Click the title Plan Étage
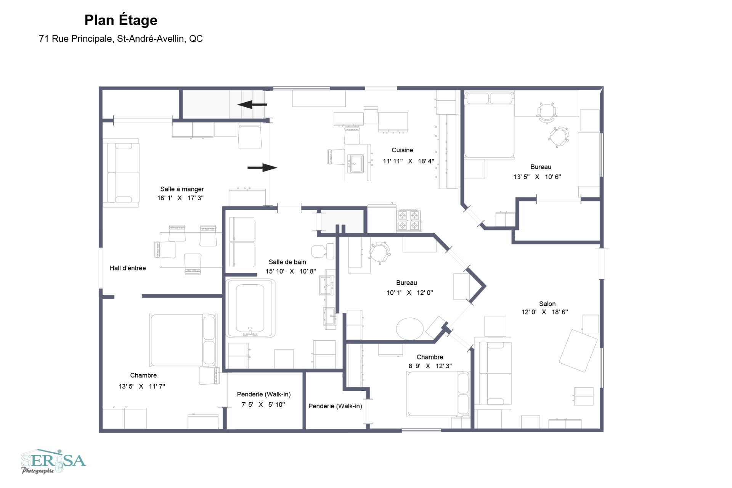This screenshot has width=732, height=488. pyautogui.click(x=120, y=20)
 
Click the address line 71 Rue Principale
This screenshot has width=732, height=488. pyautogui.click(x=120, y=39)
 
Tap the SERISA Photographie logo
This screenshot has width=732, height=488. pyautogui.click(x=53, y=461)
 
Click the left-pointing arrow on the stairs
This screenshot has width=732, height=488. pyautogui.click(x=252, y=104)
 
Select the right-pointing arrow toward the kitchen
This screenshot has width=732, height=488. pyautogui.click(x=262, y=167)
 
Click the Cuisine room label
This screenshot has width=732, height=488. pyautogui.click(x=402, y=150)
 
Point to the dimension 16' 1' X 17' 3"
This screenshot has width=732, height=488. pyautogui.click(x=180, y=198)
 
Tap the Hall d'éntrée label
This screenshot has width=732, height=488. pyautogui.click(x=128, y=268)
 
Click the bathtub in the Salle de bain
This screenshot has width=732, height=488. pyautogui.click(x=250, y=308)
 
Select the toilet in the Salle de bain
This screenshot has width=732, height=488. pyautogui.click(x=322, y=251)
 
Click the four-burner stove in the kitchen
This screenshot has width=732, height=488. pyautogui.click(x=408, y=220)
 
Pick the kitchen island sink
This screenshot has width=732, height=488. pyautogui.click(x=357, y=163)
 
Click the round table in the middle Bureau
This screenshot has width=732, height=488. pyautogui.click(x=409, y=329)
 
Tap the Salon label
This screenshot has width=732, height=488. pyautogui.click(x=547, y=304)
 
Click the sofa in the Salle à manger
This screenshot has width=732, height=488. pyautogui.click(x=121, y=172)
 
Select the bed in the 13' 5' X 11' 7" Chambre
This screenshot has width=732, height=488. pyautogui.click(x=182, y=340)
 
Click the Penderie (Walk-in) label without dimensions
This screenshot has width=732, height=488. pyautogui.click(x=335, y=406)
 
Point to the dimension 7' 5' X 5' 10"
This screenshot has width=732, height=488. pyautogui.click(x=263, y=404)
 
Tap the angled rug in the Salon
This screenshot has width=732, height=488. pyautogui.click(x=578, y=351)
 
